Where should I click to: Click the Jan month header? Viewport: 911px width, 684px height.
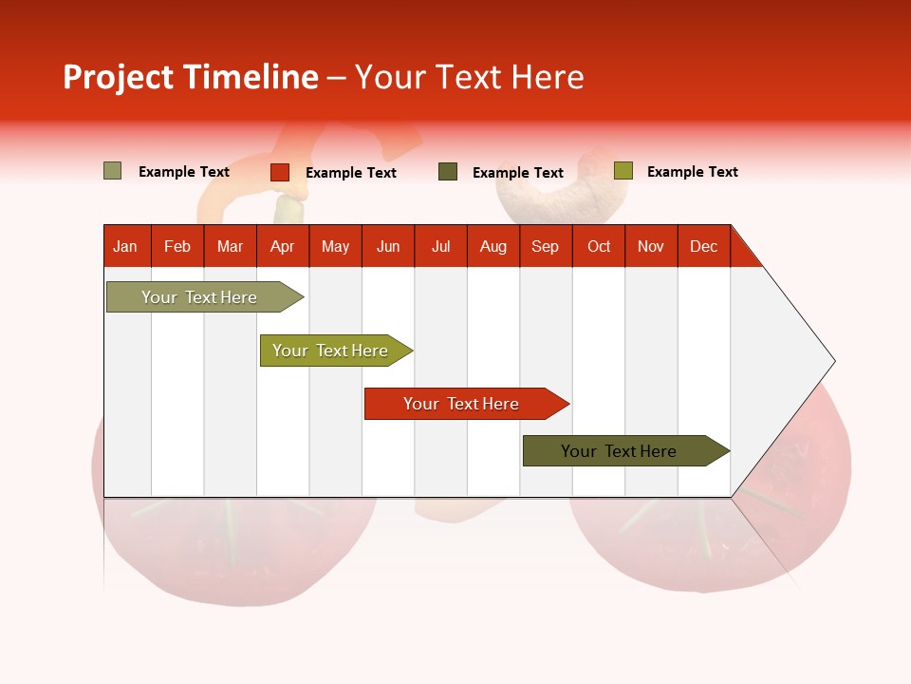[125, 247]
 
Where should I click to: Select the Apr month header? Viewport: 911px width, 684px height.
[283, 247]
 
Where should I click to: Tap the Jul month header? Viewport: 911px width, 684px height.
[441, 247]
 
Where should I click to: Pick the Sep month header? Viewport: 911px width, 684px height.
[546, 247]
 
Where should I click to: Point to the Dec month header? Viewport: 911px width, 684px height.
[703, 247]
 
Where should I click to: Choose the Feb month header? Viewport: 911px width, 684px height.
[177, 247]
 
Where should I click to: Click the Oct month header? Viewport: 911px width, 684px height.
[599, 247]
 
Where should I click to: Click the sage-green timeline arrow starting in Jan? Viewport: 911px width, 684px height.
[205, 297]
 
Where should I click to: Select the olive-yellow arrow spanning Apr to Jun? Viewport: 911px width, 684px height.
[336, 351]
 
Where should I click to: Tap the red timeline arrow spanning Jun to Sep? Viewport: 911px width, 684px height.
[467, 404]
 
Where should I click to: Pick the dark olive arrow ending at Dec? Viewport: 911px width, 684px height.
[626, 450]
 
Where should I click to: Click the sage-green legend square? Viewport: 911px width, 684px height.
[112, 170]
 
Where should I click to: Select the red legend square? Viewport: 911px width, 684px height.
[280, 172]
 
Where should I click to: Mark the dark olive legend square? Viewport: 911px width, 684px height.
[447, 172]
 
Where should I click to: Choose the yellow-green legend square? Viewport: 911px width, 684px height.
[623, 170]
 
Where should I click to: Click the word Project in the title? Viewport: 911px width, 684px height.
[118, 78]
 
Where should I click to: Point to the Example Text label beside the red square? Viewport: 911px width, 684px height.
[351, 173]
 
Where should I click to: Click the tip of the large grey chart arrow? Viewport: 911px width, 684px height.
[835, 361]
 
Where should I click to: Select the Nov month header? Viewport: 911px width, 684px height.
[651, 247]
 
